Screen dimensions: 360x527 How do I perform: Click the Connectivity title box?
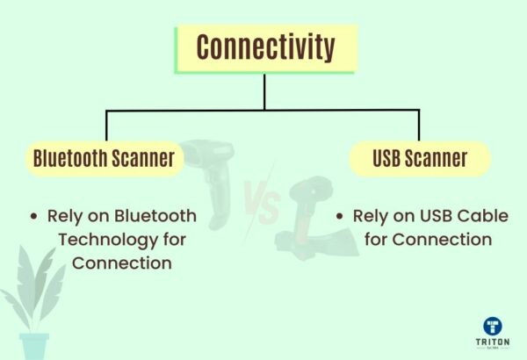[264, 47]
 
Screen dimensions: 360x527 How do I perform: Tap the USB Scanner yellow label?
[419, 159]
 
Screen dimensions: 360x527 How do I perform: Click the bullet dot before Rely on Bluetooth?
[33, 216]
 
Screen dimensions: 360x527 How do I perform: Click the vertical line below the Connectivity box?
[264, 91]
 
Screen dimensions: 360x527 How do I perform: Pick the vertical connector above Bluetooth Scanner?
[106, 126]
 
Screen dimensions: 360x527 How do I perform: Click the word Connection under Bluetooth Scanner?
[121, 263]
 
